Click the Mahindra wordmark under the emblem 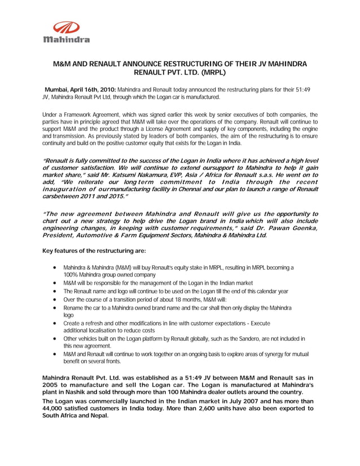66,39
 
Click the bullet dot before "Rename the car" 52,308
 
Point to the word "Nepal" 97,416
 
